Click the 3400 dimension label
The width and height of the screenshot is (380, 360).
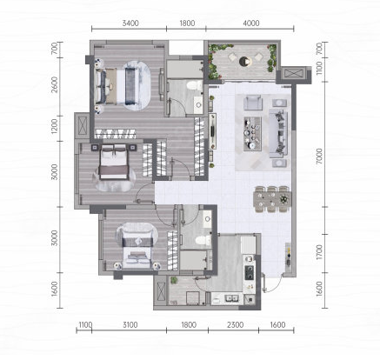pyautogui.click(x=130, y=23)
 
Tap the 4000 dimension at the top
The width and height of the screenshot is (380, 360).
pyautogui.click(x=251, y=23)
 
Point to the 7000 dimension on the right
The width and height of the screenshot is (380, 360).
pyautogui.click(x=319, y=156)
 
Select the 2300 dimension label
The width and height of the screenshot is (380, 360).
pyautogui.click(x=235, y=325)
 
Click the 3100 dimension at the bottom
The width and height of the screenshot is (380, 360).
pyautogui.click(x=130, y=325)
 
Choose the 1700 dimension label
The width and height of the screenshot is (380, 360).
pyautogui.click(x=319, y=252)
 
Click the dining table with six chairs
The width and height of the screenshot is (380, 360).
pyautogui.click(x=272, y=199)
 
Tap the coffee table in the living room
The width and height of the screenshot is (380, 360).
pyautogui.click(x=252, y=134)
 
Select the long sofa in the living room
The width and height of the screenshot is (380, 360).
pyautogui.click(x=278, y=133)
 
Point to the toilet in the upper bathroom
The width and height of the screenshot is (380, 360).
pyautogui.click(x=195, y=85)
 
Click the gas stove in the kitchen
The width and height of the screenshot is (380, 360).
pyautogui.click(x=249, y=272)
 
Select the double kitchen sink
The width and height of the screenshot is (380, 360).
pyautogui.click(x=231, y=298)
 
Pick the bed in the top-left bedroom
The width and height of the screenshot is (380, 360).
pyautogui.click(x=116, y=86)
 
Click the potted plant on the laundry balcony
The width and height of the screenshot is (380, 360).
pyautogui.click(x=174, y=281)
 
